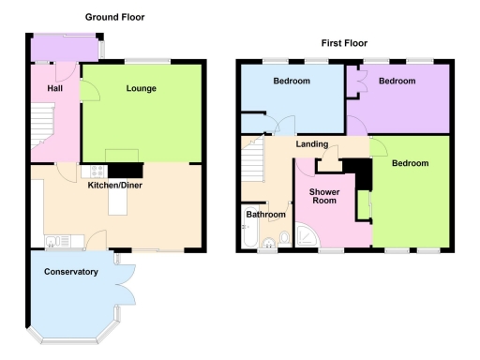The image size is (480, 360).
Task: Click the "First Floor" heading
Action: pyautogui.click(x=344, y=43)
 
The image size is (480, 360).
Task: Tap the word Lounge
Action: pyautogui.click(x=142, y=89)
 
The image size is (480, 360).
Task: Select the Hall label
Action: pyautogui.click(x=54, y=89)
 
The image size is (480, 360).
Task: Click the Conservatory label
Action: pyautogui.click(x=71, y=272)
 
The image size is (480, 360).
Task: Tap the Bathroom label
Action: pyautogui.click(x=265, y=215)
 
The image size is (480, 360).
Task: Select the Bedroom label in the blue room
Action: pyautogui.click(x=292, y=82)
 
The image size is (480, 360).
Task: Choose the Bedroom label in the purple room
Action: pyautogui.click(x=397, y=82)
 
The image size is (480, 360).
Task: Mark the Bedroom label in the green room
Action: pyautogui.click(x=410, y=163)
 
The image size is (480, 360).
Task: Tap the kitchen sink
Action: pyautogui.click(x=55, y=240)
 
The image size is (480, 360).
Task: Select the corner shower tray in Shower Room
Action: pyautogui.click(x=306, y=236)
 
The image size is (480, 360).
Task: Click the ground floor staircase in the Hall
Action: pyautogui.click(x=40, y=126)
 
